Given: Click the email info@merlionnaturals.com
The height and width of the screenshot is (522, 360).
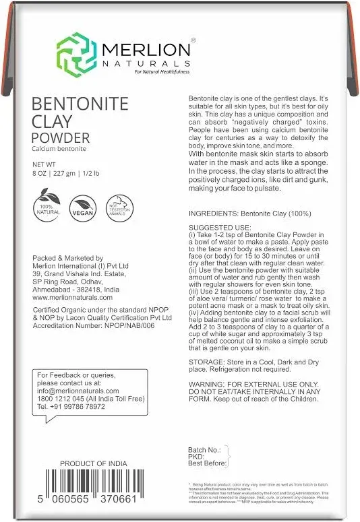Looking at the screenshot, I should pyautogui.click(x=78, y=391).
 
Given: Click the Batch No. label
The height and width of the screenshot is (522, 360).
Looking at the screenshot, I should pyautogui.click(x=204, y=448).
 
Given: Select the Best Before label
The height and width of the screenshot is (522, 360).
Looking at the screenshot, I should pyautogui.click(x=208, y=463).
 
